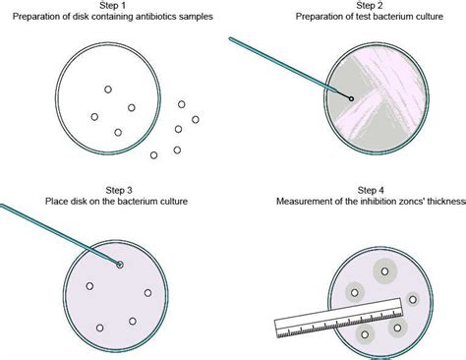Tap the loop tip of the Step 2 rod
(351, 98)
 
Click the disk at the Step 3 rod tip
(120, 265)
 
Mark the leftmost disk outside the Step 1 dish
(153, 154)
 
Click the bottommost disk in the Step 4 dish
(365, 335)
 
